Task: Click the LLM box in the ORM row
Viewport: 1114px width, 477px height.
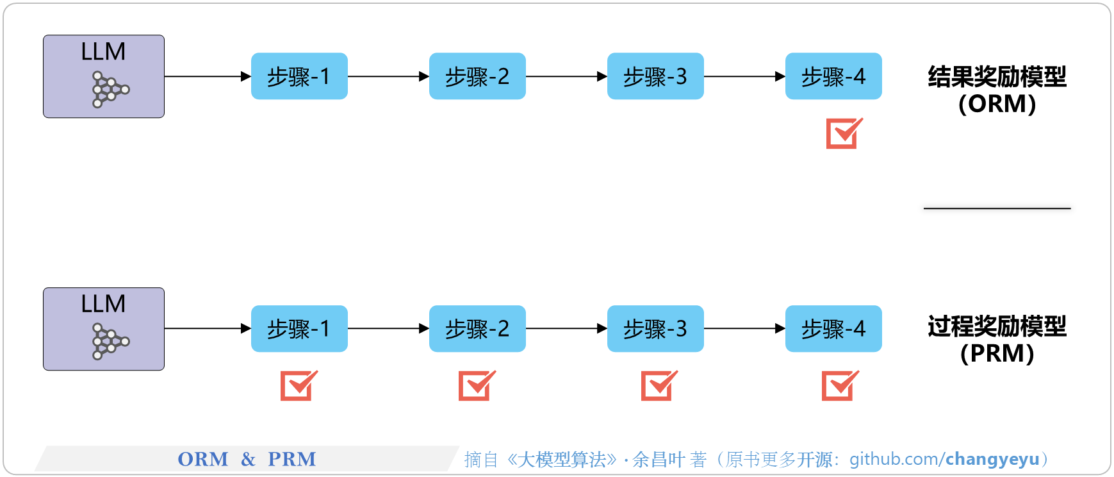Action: coord(104,76)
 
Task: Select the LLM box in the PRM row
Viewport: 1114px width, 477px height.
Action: coord(104,329)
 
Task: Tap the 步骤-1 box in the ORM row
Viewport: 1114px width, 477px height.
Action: coord(299,76)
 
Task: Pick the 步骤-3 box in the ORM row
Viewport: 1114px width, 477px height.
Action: coord(655,76)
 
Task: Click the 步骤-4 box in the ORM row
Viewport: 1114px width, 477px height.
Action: coord(833,76)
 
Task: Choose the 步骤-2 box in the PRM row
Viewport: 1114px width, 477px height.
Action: coord(477,329)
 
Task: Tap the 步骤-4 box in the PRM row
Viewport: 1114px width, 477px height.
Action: coord(833,329)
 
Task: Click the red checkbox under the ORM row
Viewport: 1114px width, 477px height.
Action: coord(843,133)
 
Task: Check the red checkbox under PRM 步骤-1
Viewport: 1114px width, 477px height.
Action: coord(298,386)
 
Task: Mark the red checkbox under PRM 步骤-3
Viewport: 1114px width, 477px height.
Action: coord(658,386)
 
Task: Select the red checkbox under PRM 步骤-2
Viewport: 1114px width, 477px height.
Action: coord(476,386)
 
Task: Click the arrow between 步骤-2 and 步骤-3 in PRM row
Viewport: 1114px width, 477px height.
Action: coord(566,329)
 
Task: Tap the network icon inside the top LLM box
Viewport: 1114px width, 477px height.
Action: coord(110,89)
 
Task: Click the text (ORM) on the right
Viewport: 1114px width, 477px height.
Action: coord(997,104)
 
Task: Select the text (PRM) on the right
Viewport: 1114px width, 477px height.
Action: coord(997,354)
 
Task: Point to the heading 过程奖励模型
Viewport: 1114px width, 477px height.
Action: coord(997,327)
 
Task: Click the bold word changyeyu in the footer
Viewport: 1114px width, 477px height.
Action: coord(992,459)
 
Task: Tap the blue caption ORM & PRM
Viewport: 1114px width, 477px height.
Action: coord(247,459)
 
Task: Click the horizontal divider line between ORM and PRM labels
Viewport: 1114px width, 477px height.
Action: coord(997,208)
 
